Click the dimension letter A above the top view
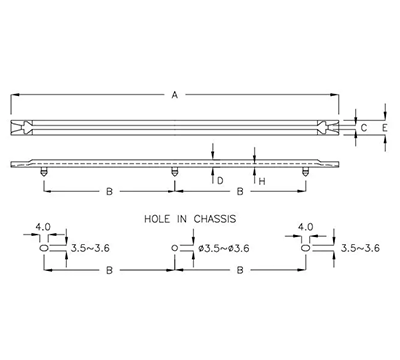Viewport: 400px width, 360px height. [x=174, y=96]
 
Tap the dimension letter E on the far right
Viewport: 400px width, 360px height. [x=384, y=128]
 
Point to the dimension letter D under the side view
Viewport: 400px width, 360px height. [x=219, y=181]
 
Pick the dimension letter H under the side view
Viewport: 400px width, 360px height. [x=261, y=181]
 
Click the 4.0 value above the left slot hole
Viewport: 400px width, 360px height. [x=44, y=228]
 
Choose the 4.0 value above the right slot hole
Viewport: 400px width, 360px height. [x=307, y=228]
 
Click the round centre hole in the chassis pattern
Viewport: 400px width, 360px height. [x=176, y=248]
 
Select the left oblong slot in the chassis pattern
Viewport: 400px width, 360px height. [x=44, y=248]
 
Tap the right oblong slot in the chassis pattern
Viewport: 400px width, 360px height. [x=305, y=248]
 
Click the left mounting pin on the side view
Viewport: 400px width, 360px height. [x=43, y=172]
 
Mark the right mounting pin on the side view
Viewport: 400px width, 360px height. [x=305, y=172]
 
